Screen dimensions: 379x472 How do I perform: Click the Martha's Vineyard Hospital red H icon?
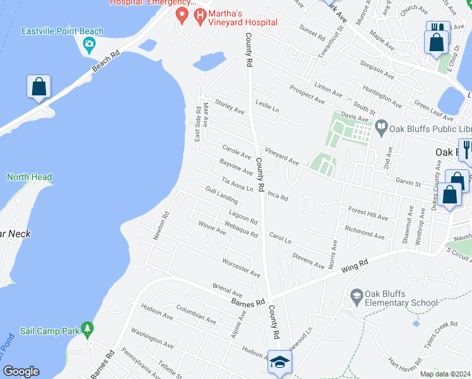201,15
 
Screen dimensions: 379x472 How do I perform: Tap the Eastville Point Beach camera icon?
89,44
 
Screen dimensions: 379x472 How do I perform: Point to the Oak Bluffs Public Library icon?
381,127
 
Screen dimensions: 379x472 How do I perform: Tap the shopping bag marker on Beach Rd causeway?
38,88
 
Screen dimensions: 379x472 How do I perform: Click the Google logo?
21,371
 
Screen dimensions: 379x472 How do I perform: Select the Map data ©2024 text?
445,374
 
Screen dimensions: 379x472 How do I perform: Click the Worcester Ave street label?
241,268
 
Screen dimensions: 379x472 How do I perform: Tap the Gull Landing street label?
221,196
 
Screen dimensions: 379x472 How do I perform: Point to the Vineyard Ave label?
282,157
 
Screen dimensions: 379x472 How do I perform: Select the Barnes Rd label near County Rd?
247,301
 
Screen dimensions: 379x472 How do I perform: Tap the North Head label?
29,177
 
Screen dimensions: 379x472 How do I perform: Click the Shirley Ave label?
229,106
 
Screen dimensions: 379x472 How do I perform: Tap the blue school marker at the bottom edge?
280,363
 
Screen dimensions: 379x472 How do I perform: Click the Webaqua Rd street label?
241,230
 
